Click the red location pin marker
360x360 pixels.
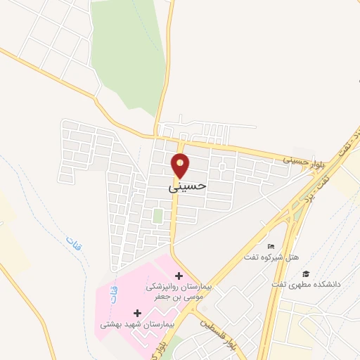[181, 165]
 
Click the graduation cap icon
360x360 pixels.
[305, 273]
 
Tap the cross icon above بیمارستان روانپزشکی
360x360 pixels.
[178, 275]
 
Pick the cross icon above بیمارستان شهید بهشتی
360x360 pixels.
[136, 311]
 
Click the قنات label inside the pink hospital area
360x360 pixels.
[112, 297]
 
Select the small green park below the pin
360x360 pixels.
[158, 216]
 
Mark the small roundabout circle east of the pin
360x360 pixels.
[222, 167]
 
